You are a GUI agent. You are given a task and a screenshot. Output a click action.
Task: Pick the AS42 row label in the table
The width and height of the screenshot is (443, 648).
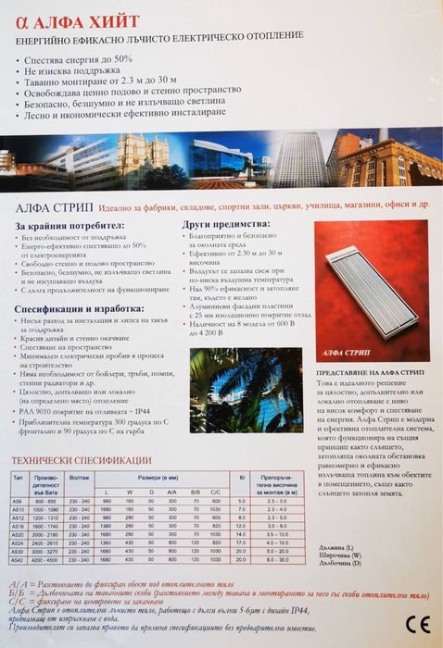coord(17,560)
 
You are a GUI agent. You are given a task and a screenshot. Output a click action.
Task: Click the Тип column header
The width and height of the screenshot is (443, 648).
coord(17,476)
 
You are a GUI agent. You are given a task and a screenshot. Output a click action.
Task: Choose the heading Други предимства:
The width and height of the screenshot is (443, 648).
coord(221,223)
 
